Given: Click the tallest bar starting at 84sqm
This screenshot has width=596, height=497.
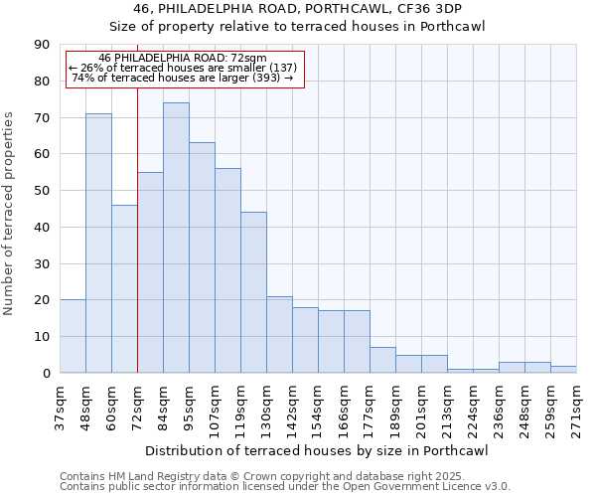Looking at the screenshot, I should click(176, 238).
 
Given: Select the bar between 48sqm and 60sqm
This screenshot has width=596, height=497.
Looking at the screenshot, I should click(98, 244).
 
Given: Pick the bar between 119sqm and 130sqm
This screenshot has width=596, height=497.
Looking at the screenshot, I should click(253, 292).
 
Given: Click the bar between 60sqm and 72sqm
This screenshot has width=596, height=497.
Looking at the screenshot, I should click(124, 288).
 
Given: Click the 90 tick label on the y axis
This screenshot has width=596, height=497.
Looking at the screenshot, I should click(42, 45).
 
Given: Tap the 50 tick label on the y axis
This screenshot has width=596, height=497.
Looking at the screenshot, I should click(42, 191).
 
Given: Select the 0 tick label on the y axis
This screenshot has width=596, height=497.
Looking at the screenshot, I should click(46, 373).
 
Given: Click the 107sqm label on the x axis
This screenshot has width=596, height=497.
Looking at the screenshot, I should click(215, 406).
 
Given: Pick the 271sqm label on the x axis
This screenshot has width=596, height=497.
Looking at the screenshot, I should click(576, 406).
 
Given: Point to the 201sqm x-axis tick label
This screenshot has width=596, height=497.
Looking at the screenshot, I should click(421, 406).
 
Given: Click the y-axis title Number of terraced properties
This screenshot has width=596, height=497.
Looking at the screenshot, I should click(10, 214).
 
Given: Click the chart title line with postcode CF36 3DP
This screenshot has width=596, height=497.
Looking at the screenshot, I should click(297, 8).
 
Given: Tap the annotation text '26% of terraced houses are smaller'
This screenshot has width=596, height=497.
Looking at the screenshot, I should click(184, 68).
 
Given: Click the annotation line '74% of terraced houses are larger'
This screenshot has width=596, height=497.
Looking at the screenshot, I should click(184, 78).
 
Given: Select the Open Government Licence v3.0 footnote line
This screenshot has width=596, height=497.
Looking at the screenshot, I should click(285, 487).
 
